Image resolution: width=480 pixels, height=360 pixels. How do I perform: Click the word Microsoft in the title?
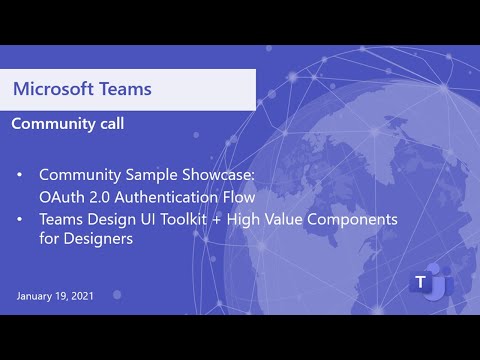[x=56, y=88]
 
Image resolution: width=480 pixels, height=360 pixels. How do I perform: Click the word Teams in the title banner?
[x=126, y=88]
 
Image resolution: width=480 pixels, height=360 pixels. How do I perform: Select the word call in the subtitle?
[x=111, y=125]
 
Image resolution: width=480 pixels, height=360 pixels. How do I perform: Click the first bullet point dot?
[x=21, y=175]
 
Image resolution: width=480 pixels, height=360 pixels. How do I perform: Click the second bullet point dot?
[x=21, y=218]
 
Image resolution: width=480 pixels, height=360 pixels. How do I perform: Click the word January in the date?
[x=35, y=297]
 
